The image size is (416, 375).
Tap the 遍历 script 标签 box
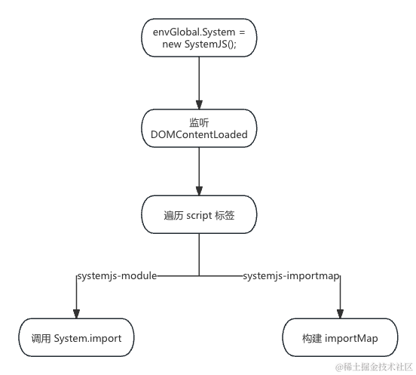coord(199,216)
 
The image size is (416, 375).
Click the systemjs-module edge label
coord(117,276)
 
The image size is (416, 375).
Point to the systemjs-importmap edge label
coord(291,276)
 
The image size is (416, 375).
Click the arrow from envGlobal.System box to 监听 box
coord(199,83)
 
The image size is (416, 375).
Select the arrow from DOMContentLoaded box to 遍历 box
coord(199,172)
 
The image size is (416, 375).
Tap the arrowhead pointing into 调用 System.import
coord(75,313)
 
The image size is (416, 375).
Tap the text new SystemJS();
coord(199,45)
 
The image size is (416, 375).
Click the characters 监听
coord(199,121)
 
